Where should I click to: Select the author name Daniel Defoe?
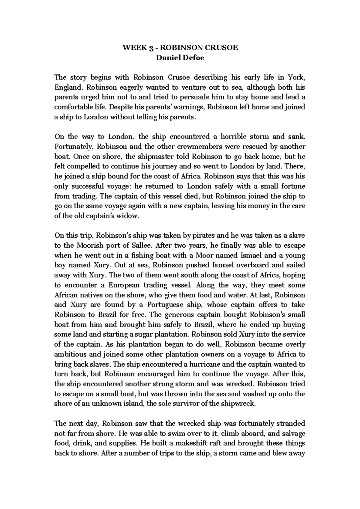coord(180,58)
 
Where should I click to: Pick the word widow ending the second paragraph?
coord(130,216)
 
